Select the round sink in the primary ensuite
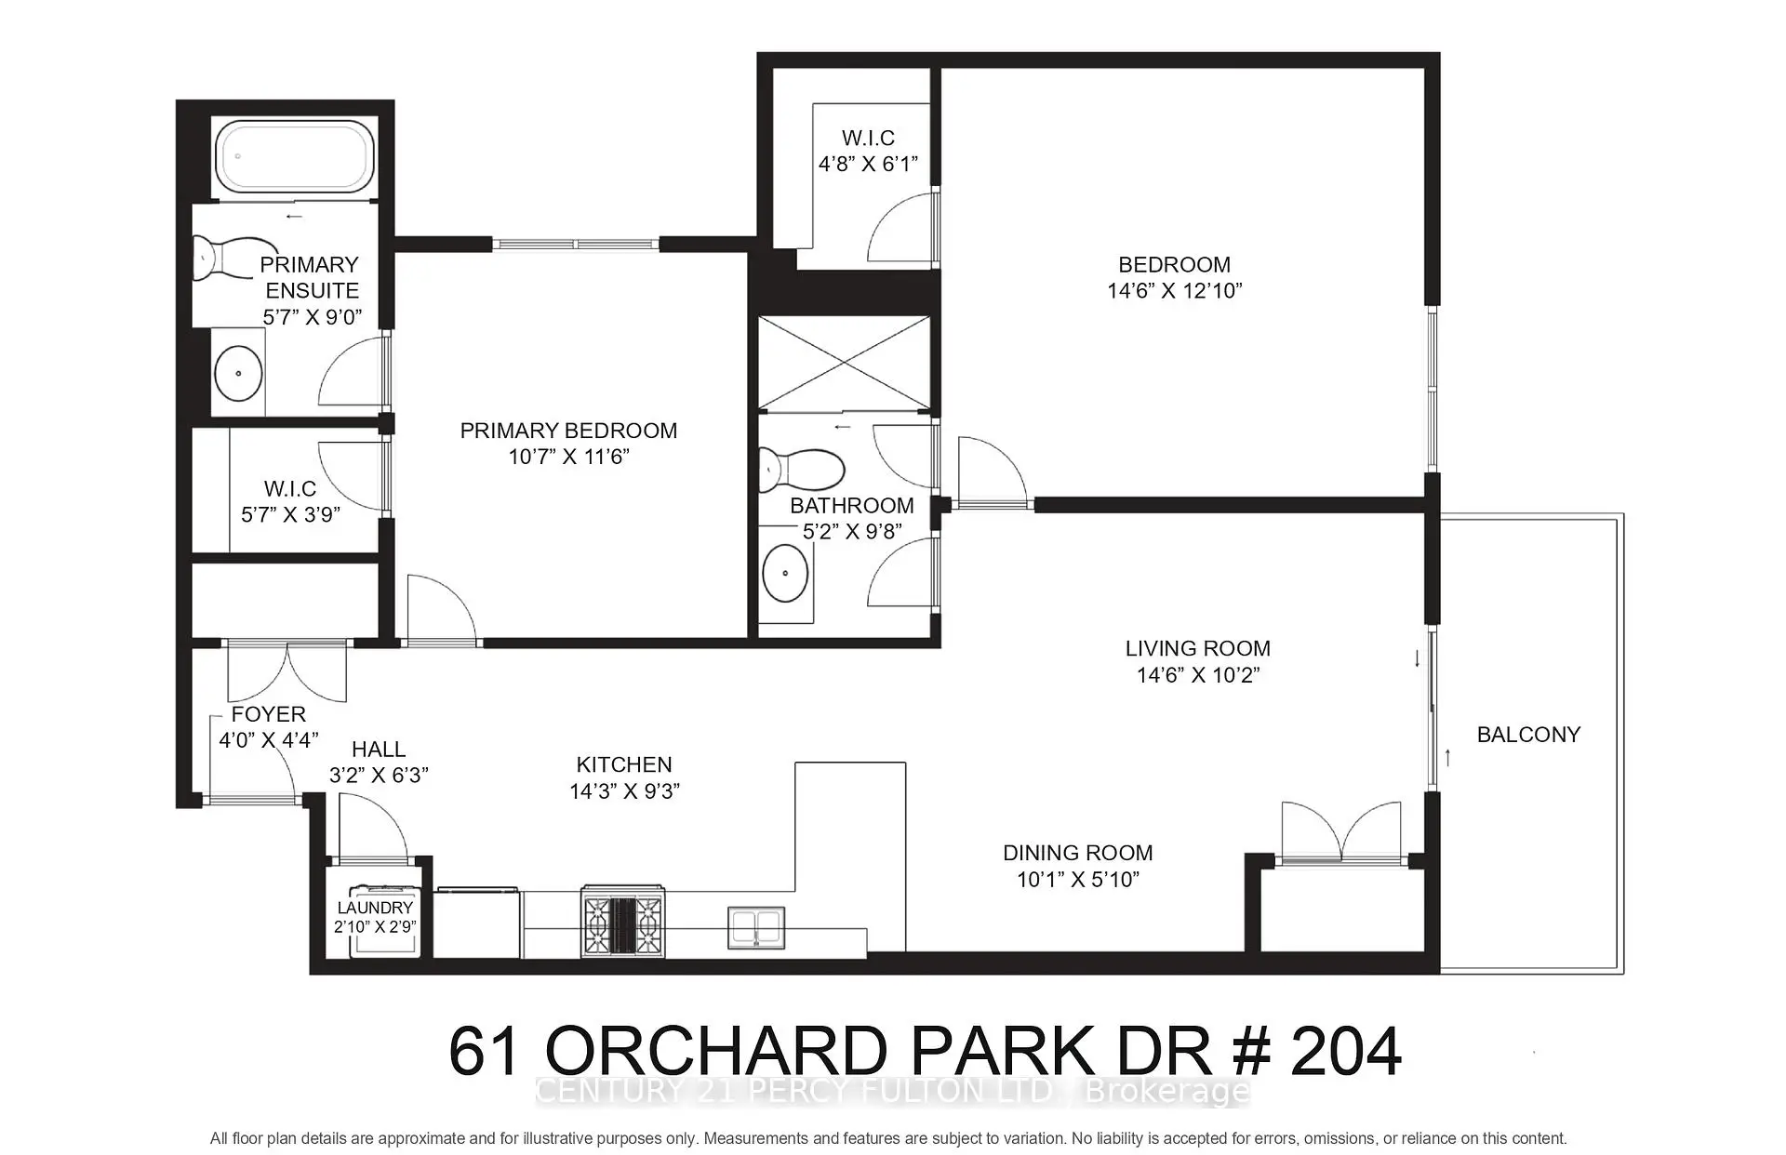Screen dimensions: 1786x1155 (239, 373)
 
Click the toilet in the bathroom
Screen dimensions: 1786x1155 (800, 470)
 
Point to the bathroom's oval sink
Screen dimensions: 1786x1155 (784, 573)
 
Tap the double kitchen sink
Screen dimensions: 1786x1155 (756, 927)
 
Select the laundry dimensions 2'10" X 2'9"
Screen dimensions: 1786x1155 (375, 927)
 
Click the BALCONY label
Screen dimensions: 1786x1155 (1528, 735)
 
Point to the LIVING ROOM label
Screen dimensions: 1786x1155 (1197, 648)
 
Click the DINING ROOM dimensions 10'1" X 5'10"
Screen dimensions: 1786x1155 (1078, 880)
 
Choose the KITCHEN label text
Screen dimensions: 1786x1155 (624, 764)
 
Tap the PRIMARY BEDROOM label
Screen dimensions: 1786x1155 (568, 431)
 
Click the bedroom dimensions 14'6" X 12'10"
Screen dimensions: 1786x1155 (1175, 291)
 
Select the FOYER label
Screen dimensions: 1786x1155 (268, 714)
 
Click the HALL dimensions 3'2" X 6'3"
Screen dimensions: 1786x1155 (379, 776)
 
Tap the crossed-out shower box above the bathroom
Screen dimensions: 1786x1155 (844, 363)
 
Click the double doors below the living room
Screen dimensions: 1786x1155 (1341, 832)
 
